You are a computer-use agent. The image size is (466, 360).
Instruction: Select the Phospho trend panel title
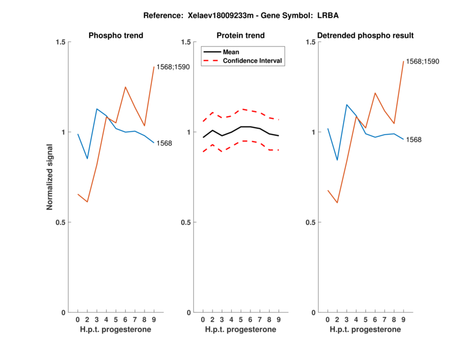116,36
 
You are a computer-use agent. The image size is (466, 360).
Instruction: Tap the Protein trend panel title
240,36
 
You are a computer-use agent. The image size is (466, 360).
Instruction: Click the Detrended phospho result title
365,36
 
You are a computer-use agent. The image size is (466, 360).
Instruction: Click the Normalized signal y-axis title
51,177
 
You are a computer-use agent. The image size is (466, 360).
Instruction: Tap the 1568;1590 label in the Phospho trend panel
173,67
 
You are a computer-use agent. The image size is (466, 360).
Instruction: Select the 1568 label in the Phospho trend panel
164,143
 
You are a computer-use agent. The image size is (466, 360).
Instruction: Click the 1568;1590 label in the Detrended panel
422,61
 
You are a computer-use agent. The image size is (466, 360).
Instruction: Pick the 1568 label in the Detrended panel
414,140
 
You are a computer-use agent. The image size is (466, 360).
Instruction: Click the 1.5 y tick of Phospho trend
61,42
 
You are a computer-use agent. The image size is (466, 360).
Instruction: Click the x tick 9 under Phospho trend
154,320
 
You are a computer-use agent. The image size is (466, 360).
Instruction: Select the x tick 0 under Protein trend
203,320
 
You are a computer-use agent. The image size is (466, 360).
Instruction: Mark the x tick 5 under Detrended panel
366,320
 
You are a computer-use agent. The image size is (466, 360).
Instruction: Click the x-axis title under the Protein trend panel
240,330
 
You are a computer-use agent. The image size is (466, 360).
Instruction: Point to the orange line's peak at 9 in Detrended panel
403,61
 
